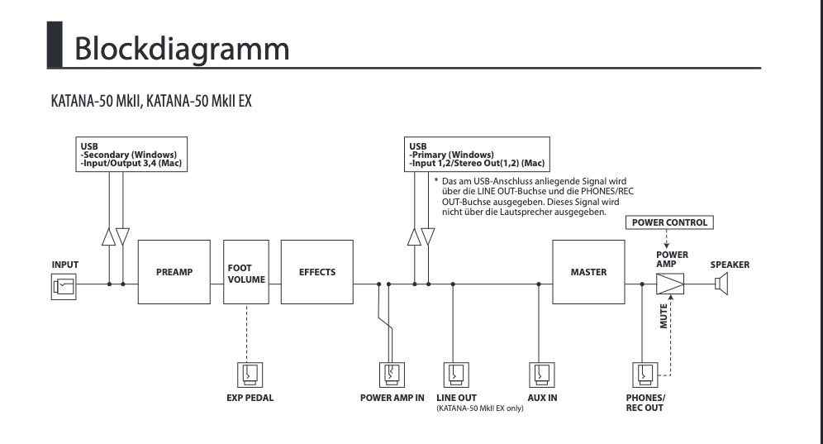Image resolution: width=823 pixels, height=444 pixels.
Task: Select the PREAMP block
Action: pyautogui.click(x=174, y=272)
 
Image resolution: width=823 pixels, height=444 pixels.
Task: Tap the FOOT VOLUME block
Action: pyautogui.click(x=246, y=273)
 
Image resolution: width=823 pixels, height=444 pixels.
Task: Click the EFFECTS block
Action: pyautogui.click(x=317, y=272)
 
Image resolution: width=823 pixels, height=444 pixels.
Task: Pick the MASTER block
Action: pyautogui.click(x=588, y=272)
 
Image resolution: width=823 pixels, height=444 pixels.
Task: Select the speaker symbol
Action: pyautogui.click(x=721, y=284)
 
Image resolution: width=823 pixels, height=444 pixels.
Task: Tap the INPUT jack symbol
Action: pyautogui.click(x=62, y=285)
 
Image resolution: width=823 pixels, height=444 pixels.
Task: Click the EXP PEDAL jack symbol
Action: pyautogui.click(x=247, y=375)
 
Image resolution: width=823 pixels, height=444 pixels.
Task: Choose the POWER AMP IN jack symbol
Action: pyautogui.click(x=392, y=375)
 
